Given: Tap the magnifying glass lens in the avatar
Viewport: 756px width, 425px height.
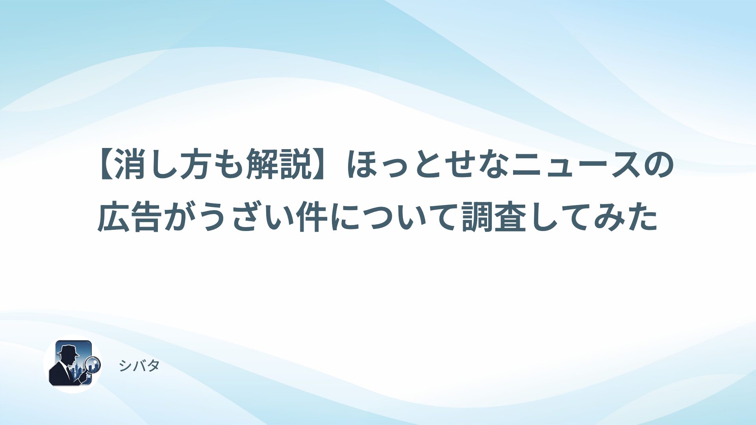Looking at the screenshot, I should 93,364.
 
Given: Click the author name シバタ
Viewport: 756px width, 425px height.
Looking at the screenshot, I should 139,366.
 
